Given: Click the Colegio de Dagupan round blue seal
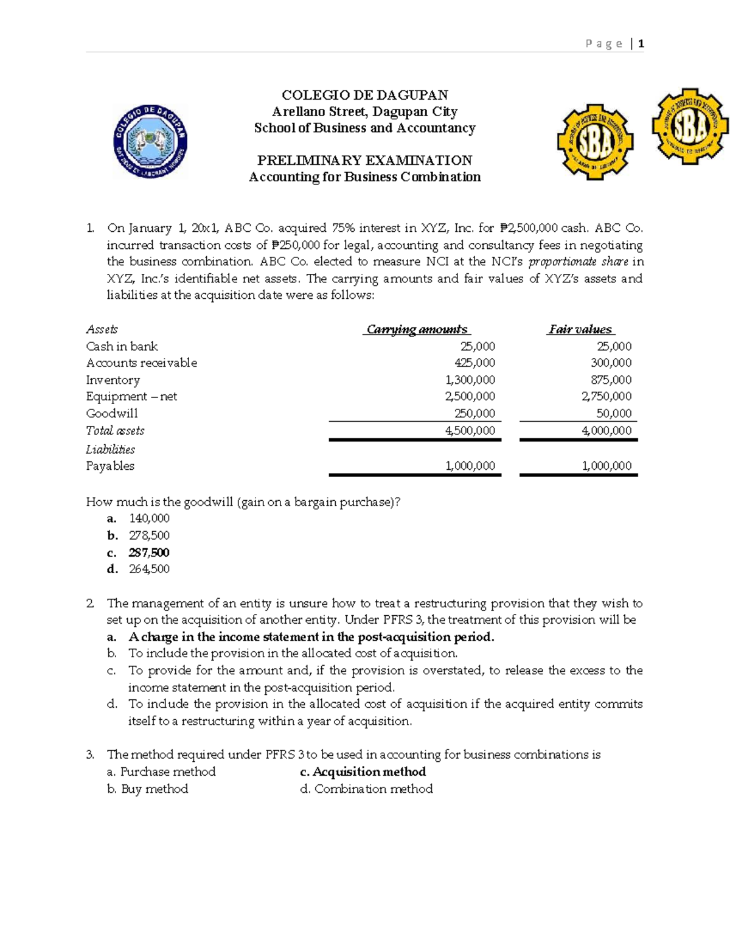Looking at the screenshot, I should (x=150, y=141).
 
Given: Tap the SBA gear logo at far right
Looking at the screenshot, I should (x=690, y=126).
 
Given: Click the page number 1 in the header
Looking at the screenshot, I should (x=641, y=43).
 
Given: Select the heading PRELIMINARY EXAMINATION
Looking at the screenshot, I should (x=364, y=160).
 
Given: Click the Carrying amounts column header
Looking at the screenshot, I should (x=417, y=329).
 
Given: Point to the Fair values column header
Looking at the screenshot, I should (x=580, y=329).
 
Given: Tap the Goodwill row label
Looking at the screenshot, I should (x=112, y=413).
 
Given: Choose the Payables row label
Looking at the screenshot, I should (x=110, y=466).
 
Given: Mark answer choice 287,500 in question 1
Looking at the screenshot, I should (x=149, y=553).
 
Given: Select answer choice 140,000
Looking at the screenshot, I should (x=149, y=518).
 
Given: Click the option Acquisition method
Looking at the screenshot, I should (x=369, y=772).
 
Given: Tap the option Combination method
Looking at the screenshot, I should (x=373, y=789).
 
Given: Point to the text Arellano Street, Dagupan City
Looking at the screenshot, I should (x=364, y=111).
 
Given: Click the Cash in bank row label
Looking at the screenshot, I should (x=122, y=346).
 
